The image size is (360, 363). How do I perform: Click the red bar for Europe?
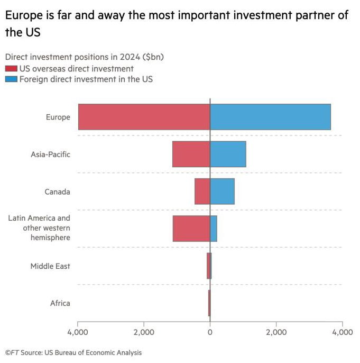point(144,117)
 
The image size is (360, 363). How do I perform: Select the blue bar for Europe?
point(271,117)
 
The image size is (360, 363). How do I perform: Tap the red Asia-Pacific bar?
point(191,154)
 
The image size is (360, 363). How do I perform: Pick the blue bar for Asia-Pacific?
point(228,154)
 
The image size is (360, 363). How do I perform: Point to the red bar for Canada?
point(202,191)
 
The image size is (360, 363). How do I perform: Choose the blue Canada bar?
point(223,191)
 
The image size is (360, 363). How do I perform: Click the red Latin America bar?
point(191,229)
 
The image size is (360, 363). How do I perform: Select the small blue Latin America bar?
point(214,229)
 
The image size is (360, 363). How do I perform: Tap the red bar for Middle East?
point(208,266)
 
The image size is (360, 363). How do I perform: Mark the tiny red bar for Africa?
point(209,303)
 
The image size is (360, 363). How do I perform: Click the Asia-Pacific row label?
point(51,155)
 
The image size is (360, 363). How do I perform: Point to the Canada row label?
point(57,192)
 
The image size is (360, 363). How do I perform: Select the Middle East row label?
point(50,266)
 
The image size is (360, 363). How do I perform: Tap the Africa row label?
point(60,303)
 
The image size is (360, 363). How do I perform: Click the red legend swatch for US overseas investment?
point(11,68)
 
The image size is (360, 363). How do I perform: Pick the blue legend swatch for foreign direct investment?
point(11,79)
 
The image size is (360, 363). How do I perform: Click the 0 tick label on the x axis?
point(210,332)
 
